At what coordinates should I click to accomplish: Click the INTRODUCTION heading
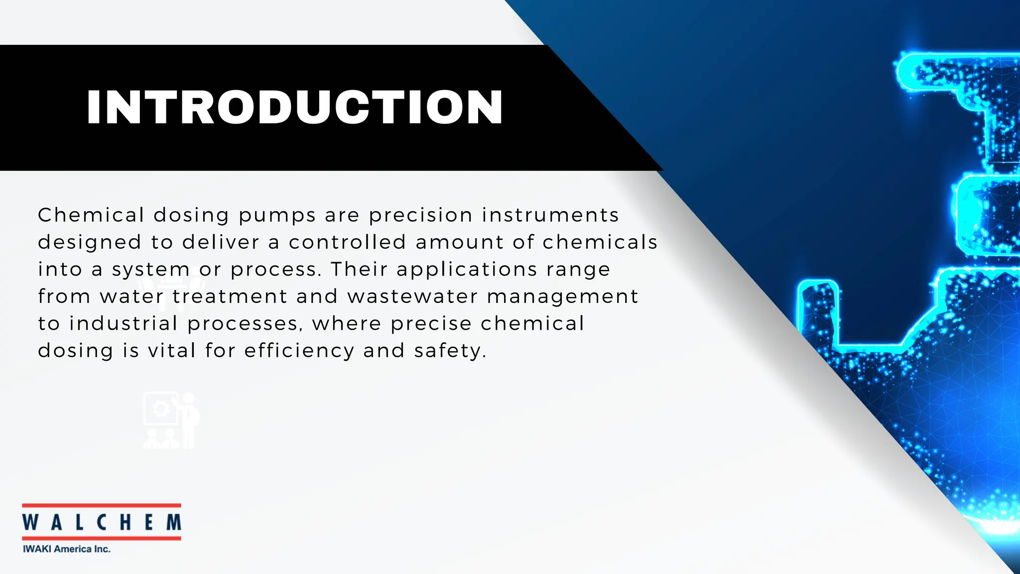pos(294,107)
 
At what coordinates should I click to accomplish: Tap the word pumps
pos(277,216)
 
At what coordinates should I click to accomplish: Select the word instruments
pos(550,215)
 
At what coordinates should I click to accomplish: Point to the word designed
pos(90,243)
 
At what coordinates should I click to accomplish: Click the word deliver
pos(221,242)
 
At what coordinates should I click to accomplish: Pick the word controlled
pos(347,242)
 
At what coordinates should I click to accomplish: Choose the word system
pos(150,270)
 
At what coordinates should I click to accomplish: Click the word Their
pos(359,269)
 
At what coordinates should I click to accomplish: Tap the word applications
pos(467,270)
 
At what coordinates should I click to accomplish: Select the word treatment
pos(230,296)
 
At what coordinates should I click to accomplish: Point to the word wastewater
pos(412,296)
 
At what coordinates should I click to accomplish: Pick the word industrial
pos(124,323)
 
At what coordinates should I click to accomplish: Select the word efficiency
pos(299,351)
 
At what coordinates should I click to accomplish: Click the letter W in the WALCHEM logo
pos(30,522)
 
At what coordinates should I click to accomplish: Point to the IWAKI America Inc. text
pos(67,549)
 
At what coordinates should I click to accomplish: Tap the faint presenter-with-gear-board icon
pos(171,420)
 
